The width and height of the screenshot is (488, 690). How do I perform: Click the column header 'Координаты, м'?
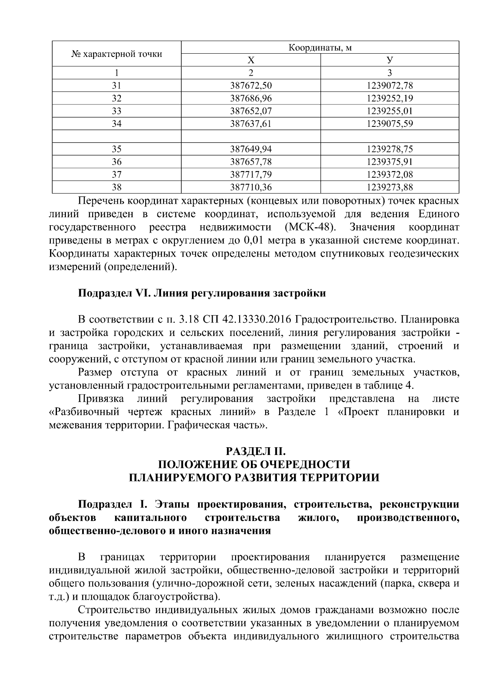(320, 48)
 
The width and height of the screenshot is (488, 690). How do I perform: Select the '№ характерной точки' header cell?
(117, 54)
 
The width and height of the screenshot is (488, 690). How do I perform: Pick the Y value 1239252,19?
(390, 98)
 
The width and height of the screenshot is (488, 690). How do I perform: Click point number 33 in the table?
(117, 111)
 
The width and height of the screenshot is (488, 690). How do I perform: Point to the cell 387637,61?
(251, 124)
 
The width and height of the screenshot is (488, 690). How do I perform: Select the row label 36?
(117, 162)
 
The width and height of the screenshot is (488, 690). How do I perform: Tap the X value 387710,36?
(251, 187)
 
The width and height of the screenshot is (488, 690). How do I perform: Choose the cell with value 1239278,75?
(390, 149)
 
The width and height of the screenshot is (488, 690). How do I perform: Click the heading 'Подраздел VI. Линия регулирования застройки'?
(202, 293)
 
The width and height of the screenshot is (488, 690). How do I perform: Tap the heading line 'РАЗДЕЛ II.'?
(254, 451)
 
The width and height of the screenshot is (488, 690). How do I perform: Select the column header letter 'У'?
(390, 61)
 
